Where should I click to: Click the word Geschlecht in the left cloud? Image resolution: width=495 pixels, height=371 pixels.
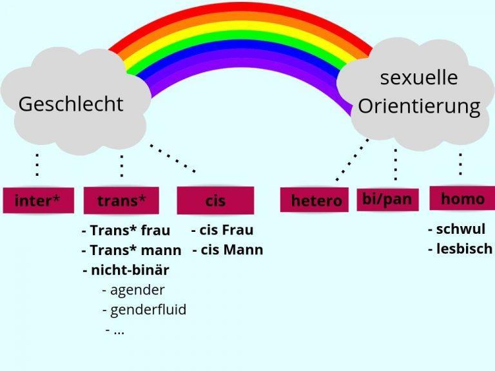(71, 104)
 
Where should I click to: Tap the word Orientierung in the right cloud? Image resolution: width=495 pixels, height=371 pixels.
(419, 106)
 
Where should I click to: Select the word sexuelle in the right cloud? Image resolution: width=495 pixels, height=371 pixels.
(419, 78)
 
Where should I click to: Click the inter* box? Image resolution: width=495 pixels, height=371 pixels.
(37, 200)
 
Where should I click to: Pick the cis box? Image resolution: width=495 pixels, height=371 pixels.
(215, 200)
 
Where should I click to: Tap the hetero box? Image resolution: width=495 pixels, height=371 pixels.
(316, 200)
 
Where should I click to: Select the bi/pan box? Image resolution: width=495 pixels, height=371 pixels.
(387, 199)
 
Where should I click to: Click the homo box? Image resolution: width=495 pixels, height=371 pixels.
(462, 199)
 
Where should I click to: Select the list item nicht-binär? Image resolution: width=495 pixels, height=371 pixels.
(126, 269)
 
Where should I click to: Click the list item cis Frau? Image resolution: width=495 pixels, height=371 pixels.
(222, 230)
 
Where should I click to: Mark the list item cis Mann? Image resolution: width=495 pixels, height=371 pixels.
(228, 250)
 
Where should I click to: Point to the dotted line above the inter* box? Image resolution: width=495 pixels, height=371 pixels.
(37, 166)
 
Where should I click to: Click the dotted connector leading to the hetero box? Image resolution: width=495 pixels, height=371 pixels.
(352, 160)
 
